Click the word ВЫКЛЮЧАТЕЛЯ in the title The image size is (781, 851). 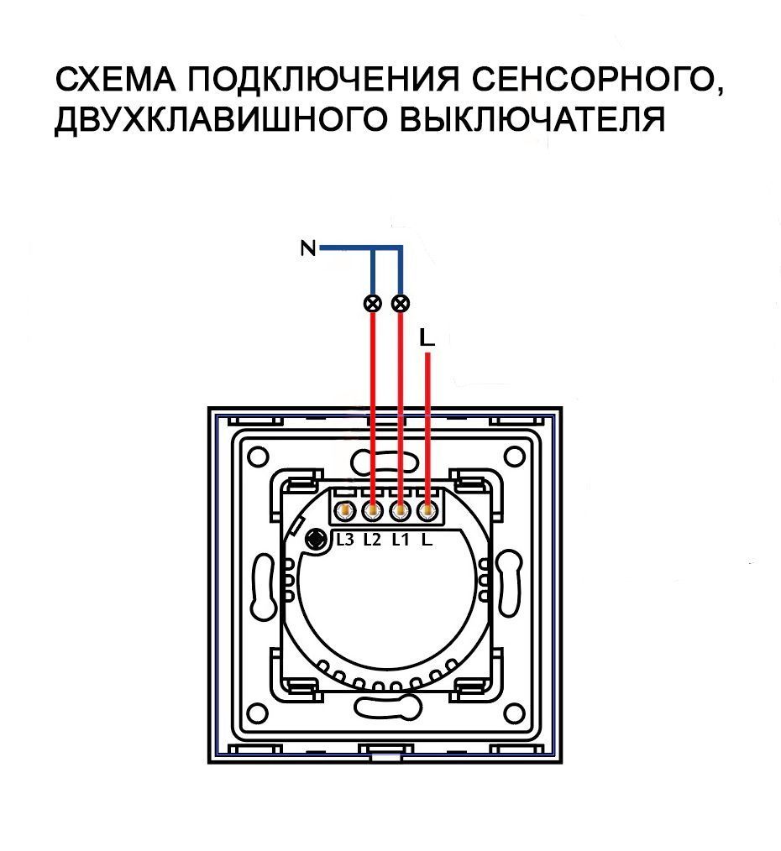[x=530, y=121]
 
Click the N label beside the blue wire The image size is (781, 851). [x=308, y=248]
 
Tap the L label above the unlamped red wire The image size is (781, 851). [x=427, y=337]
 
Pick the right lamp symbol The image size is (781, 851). [x=401, y=303]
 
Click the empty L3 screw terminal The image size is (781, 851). [x=344, y=510]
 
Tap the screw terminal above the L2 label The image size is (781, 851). [x=372, y=510]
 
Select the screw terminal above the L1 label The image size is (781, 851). [x=401, y=510]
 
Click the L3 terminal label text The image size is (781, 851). [x=344, y=540]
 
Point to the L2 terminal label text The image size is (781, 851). [x=372, y=540]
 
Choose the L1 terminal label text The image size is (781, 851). [x=400, y=540]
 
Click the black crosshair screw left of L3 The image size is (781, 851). [x=317, y=540]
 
